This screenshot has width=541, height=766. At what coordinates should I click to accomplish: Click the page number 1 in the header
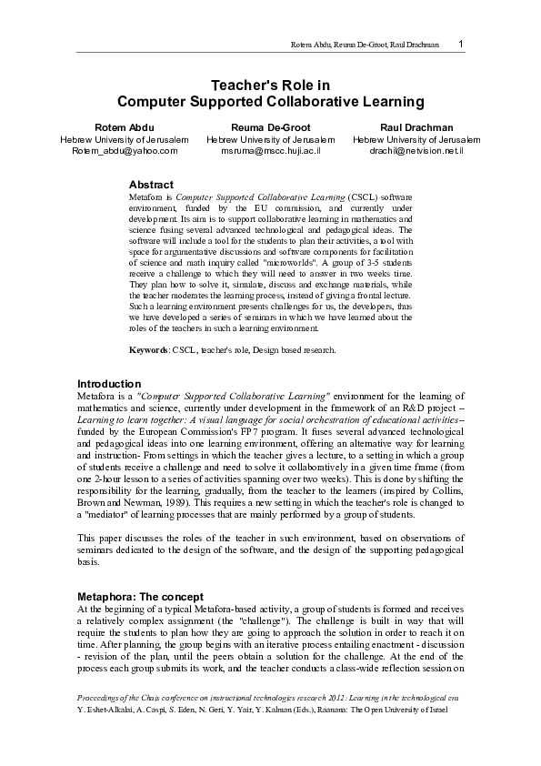(x=462, y=44)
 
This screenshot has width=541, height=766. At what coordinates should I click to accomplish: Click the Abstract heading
(x=152, y=185)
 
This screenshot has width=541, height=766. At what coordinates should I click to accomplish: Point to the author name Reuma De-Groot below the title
(x=271, y=126)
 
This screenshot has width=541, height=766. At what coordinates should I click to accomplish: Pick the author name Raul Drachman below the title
(x=416, y=126)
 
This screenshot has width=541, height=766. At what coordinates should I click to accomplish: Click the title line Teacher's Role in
(x=270, y=84)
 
